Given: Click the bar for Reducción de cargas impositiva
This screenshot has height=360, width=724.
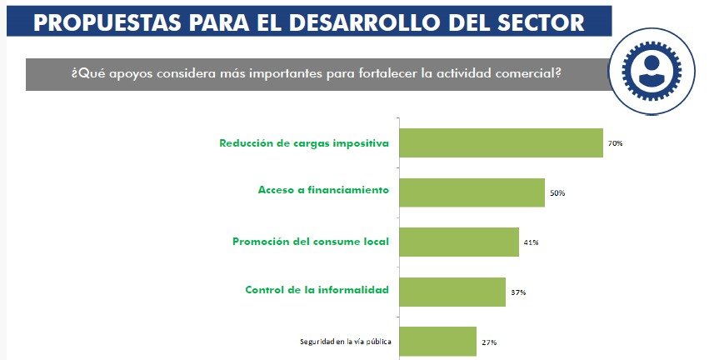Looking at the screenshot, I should (x=501, y=143).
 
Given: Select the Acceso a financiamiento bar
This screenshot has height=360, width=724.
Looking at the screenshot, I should (x=472, y=192).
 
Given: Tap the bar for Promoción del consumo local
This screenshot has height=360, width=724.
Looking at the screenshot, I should (x=459, y=242).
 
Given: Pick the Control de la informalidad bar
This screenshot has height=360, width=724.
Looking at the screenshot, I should (x=452, y=292).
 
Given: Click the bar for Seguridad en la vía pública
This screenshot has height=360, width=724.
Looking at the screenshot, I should (x=437, y=342).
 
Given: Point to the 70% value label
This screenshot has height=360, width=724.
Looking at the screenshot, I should (x=615, y=143).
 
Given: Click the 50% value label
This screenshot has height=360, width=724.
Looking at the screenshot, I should (x=557, y=193).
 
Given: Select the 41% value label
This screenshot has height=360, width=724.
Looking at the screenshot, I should (x=531, y=242).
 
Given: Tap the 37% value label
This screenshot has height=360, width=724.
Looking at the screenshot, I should (x=517, y=292).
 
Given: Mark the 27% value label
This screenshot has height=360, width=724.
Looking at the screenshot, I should (x=488, y=342).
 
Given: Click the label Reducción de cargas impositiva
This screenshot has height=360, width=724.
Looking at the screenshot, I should (x=304, y=142).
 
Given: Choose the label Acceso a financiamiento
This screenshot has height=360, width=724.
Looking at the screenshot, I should (x=323, y=190).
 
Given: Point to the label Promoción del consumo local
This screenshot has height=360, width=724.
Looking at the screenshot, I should (x=310, y=242).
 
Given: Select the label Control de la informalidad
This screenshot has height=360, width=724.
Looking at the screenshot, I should (x=317, y=290).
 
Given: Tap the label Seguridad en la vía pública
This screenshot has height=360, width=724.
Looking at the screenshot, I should (x=346, y=342).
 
